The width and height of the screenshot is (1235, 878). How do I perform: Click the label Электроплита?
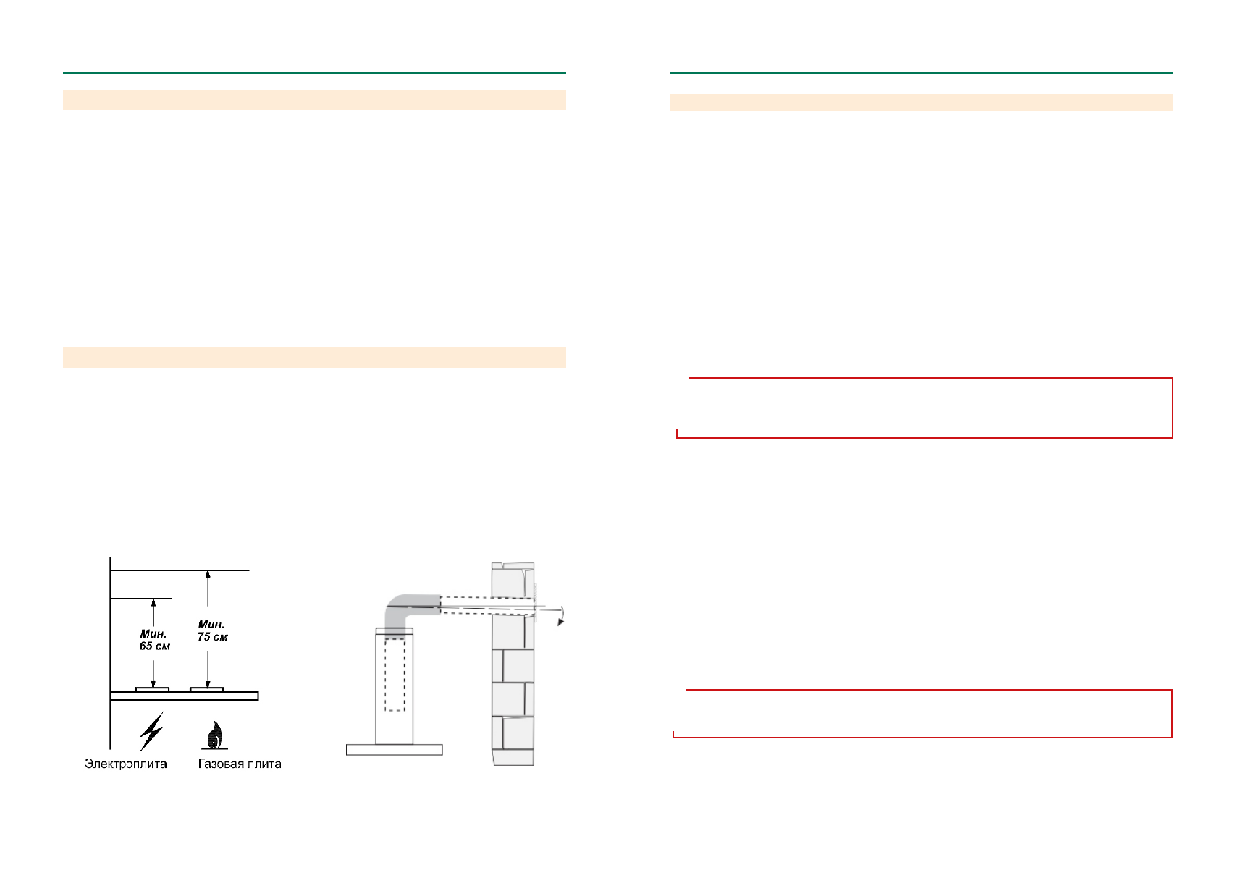[x=125, y=764]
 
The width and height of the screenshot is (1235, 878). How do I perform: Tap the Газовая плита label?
[x=240, y=764]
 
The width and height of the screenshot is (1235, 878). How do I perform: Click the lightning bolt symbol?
[x=151, y=731]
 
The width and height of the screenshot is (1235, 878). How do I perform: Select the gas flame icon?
[x=214, y=735]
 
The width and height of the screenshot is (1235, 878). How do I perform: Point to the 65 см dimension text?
[x=154, y=646]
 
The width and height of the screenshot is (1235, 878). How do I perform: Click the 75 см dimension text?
[x=212, y=637]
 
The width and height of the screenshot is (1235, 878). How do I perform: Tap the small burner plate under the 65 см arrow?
[x=152, y=689]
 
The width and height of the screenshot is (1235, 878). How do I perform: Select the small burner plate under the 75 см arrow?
[x=206, y=689]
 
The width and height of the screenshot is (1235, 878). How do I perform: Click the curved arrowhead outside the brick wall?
[x=560, y=621]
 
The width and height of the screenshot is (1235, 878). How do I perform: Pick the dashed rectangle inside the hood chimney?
[x=395, y=675]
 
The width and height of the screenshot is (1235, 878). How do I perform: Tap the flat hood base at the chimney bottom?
[x=394, y=750]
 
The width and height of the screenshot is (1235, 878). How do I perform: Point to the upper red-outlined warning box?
[x=924, y=408]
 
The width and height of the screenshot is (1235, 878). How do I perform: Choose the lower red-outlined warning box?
[x=922, y=714]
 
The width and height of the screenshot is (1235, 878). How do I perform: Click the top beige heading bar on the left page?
[x=314, y=100]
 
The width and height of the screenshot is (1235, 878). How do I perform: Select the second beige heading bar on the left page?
[x=314, y=358]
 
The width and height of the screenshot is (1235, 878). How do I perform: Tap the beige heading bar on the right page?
[x=921, y=103]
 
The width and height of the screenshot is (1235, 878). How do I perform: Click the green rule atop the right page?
[x=921, y=72]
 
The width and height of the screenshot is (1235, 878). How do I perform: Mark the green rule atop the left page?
[x=314, y=72]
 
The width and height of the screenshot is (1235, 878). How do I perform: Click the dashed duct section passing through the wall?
[x=489, y=606]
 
